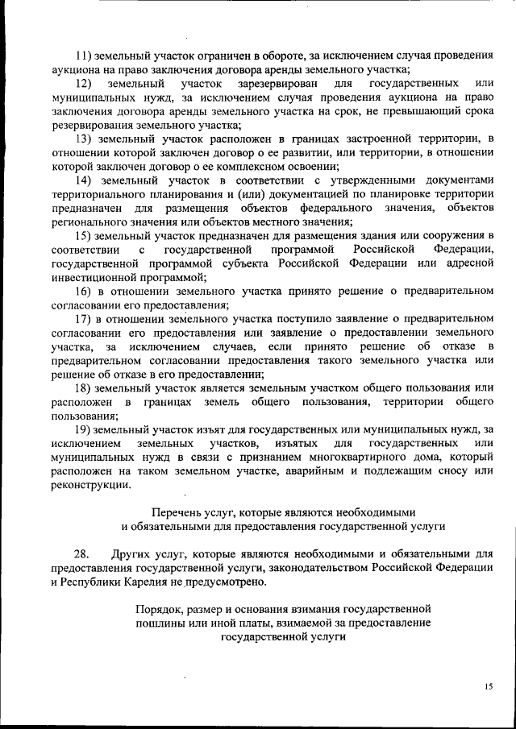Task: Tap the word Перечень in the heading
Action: coord(175,512)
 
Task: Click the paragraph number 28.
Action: coord(81,554)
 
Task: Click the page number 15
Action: coord(488,686)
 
